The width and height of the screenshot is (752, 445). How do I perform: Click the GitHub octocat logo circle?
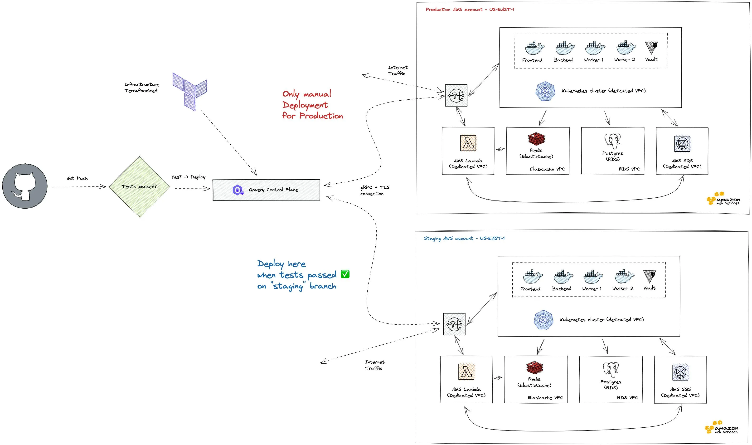(25, 186)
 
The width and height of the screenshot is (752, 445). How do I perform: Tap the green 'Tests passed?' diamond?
(139, 186)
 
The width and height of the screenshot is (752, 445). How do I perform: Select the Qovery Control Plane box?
(266, 190)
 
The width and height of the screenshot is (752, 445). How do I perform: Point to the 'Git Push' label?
(77, 178)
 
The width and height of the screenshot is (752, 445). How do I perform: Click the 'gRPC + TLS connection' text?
(375, 191)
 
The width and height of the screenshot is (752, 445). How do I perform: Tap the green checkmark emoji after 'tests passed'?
(345, 274)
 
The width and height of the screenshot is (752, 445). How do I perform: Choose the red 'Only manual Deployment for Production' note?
(312, 105)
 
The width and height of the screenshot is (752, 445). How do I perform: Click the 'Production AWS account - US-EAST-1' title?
(470, 10)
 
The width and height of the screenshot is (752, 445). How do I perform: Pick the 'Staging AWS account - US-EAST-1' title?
(464, 238)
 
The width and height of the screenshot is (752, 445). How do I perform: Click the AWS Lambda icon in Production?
(468, 143)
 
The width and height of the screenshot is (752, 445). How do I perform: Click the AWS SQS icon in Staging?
(680, 372)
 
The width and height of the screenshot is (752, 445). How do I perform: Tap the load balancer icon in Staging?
(454, 324)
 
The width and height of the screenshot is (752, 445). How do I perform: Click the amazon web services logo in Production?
(723, 199)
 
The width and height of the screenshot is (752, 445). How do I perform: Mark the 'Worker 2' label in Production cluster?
(625, 60)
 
